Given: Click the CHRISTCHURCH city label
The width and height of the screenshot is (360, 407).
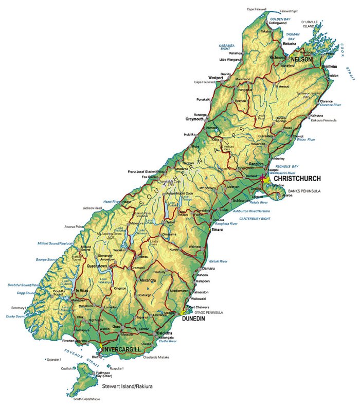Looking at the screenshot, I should [297, 179].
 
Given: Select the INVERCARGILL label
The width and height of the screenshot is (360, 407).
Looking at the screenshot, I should [122, 350].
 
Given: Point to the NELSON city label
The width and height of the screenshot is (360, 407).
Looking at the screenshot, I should [301, 60].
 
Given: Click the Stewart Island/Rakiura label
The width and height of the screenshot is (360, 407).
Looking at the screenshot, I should [127, 385].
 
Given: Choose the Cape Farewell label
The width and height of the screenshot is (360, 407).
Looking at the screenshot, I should [257, 9].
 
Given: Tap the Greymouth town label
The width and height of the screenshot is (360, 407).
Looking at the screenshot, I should [195, 119].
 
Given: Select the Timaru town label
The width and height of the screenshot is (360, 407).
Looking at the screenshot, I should [217, 229].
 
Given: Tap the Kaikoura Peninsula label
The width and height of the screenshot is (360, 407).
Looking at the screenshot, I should [323, 120].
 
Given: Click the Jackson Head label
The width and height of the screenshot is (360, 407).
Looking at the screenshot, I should [92, 208].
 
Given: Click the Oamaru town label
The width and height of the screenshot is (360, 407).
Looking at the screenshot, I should [208, 269].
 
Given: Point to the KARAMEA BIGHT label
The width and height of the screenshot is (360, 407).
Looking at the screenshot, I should [226, 48].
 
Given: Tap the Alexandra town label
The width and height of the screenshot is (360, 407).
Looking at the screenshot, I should [148, 280].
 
